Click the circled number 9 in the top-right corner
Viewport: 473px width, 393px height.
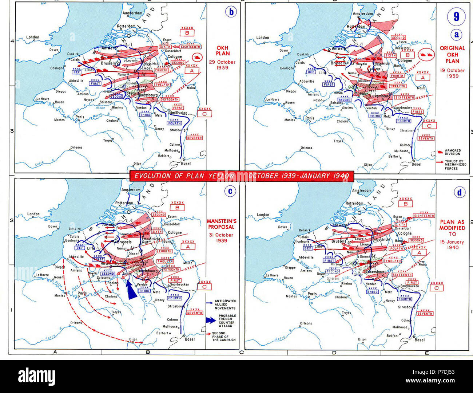[456, 17]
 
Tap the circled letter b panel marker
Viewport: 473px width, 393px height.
[231, 12]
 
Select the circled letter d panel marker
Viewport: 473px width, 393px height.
[459, 192]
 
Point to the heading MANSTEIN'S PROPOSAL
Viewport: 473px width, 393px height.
[222, 224]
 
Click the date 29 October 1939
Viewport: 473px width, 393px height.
[222, 65]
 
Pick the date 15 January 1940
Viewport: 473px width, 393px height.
[452, 244]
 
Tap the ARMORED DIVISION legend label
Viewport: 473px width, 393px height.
[452, 152]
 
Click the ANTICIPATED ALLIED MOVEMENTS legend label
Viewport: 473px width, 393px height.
[225, 304]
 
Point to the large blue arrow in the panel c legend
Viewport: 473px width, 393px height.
[211, 321]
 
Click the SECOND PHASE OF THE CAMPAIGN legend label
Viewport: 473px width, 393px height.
[223, 336]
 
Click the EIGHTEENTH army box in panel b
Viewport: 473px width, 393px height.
[190, 47]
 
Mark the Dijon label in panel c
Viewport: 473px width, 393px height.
[133, 339]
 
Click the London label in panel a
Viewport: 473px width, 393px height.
[263, 38]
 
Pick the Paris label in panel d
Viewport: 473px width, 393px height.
[312, 294]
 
